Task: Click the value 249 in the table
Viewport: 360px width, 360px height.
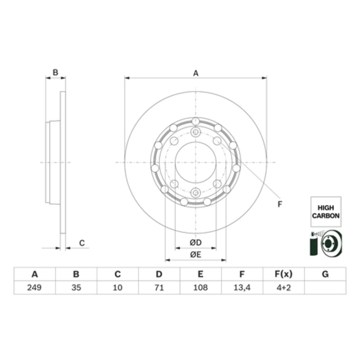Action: [34, 287]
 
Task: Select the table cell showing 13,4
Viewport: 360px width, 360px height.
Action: [242, 287]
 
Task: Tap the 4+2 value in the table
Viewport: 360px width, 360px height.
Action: [284, 287]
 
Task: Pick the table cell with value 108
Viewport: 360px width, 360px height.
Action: [201, 287]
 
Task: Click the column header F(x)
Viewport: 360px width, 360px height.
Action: [284, 274]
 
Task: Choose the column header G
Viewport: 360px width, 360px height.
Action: [325, 274]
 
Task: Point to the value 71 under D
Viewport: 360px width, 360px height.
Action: [159, 287]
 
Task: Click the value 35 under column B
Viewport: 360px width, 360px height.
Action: [76, 287]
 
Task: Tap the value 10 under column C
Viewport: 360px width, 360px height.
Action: [118, 287]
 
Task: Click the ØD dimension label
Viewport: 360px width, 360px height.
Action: [195, 242]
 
